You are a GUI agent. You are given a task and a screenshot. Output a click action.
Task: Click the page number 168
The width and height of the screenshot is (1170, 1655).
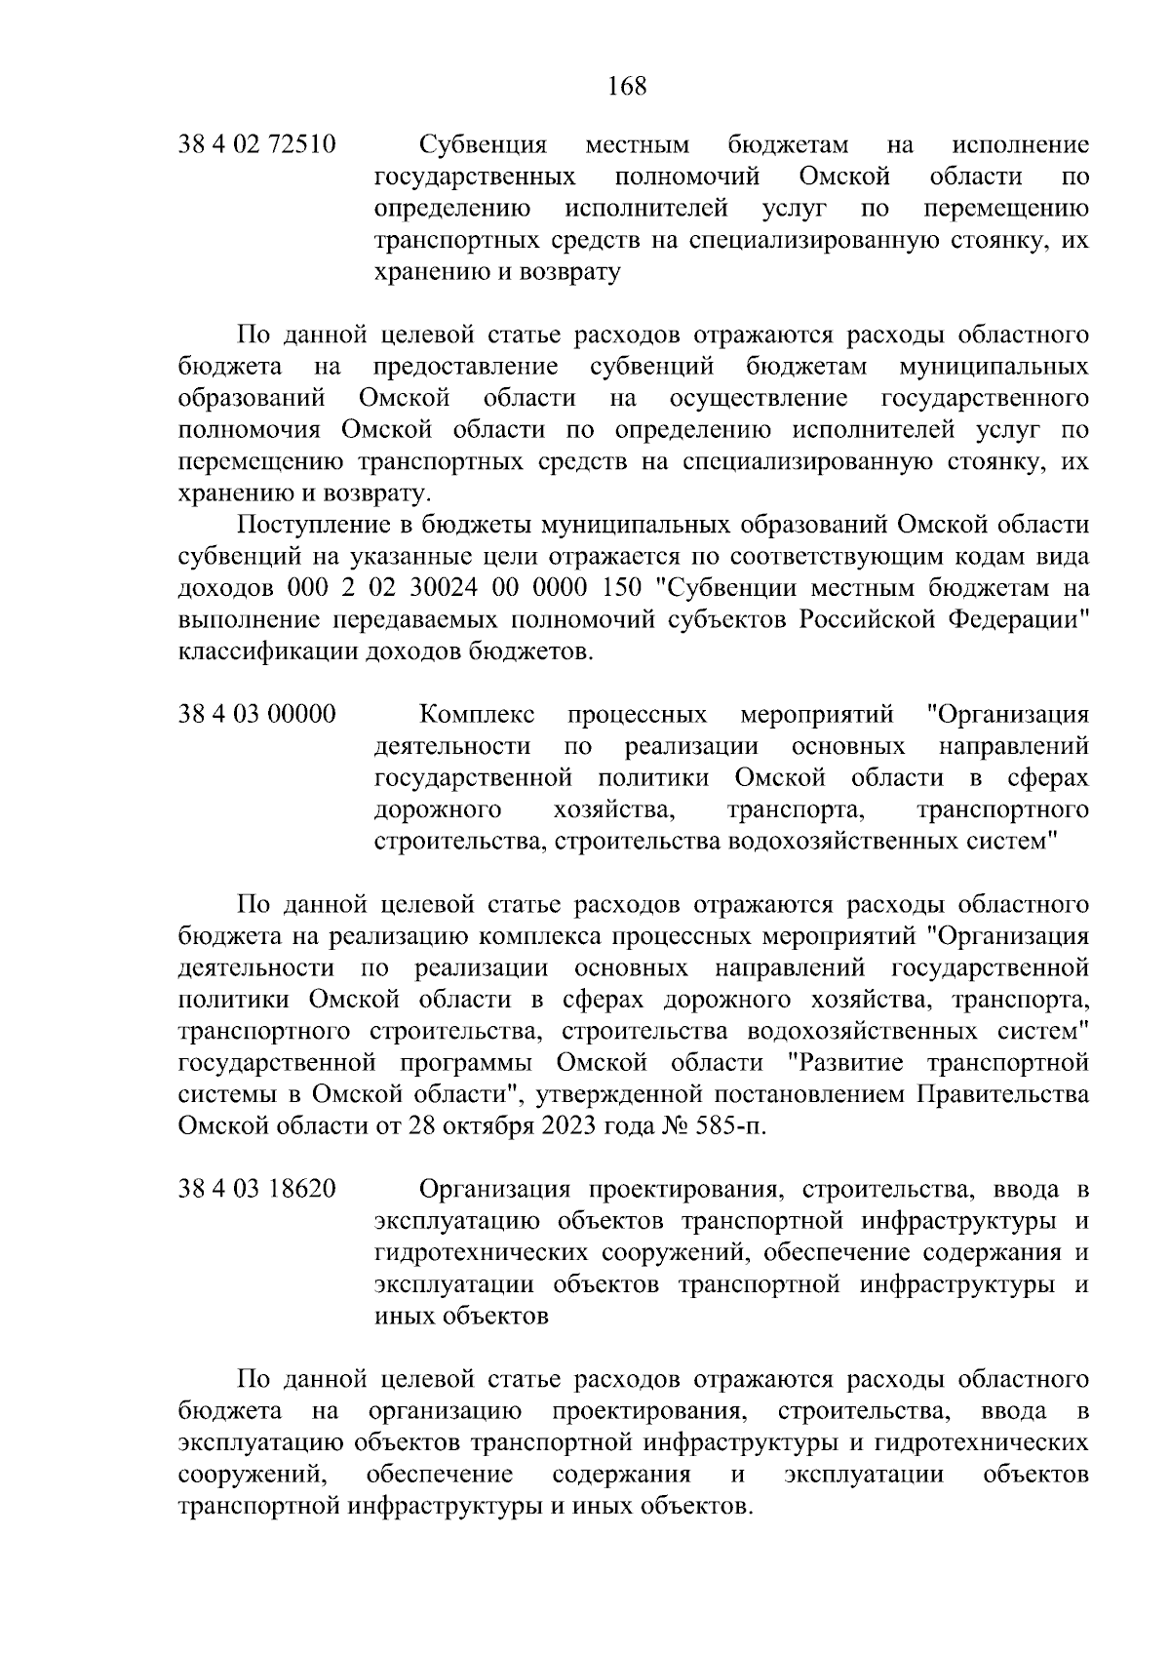pyautogui.click(x=627, y=87)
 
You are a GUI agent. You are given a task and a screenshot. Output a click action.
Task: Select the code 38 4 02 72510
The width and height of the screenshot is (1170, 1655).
pyautogui.click(x=257, y=145)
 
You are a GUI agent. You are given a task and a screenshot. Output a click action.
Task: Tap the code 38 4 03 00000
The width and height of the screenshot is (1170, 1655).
pyautogui.click(x=257, y=714)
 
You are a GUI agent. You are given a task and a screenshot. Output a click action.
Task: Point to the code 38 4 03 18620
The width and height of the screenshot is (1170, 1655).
pyautogui.click(x=257, y=1189)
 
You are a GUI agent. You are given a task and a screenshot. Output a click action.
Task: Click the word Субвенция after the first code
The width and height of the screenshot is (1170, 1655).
pyautogui.click(x=483, y=145)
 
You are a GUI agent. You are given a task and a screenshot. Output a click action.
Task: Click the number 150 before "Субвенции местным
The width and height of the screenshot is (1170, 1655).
pyautogui.click(x=623, y=588)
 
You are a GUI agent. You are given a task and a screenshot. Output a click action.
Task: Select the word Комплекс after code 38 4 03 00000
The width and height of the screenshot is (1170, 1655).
pyautogui.click(x=477, y=714)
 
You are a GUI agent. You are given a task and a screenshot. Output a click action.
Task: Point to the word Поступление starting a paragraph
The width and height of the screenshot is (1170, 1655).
pyautogui.click(x=310, y=525)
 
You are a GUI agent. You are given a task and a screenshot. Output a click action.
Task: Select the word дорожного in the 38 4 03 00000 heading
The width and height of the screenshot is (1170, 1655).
pyautogui.click(x=438, y=809)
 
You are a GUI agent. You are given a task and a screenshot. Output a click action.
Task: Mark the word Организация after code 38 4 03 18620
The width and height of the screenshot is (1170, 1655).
pyautogui.click(x=494, y=1189)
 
